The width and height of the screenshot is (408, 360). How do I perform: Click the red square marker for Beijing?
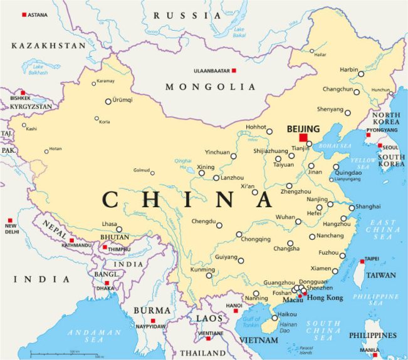pyautogui.click(x=304, y=137)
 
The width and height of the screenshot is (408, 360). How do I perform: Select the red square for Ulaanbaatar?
pyautogui.click(x=234, y=71)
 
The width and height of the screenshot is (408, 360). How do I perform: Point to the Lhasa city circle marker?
pyautogui.click(x=119, y=229)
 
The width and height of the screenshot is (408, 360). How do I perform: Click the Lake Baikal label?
pyautogui.click(x=239, y=31)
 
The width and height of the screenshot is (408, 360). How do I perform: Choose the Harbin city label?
pyautogui.click(x=349, y=69)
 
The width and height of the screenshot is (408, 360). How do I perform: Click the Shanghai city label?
pyautogui.click(x=368, y=206)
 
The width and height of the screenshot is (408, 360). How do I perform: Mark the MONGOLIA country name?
pyautogui.click(x=211, y=87)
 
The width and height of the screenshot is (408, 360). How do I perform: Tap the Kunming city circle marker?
pyautogui.click(x=210, y=275)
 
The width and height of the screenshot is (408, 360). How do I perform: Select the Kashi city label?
pyautogui.click(x=31, y=129)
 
